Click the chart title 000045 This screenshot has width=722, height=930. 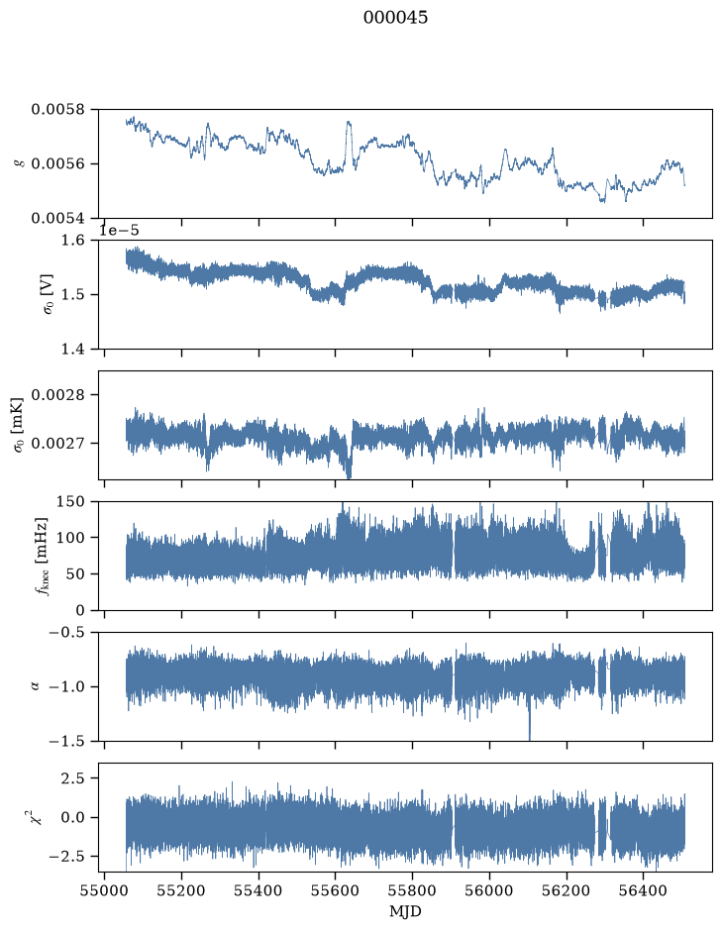tap(395, 18)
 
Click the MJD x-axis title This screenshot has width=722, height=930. tap(405, 911)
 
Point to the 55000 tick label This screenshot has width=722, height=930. tap(104, 890)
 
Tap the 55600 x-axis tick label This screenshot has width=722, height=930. tap(335, 890)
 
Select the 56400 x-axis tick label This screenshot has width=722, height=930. tap(644, 890)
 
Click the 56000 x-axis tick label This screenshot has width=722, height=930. tap(489, 890)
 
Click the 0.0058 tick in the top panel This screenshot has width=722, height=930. tap(58, 110)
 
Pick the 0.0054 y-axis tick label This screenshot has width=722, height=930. tap(58, 218)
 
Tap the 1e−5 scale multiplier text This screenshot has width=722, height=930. tap(119, 230)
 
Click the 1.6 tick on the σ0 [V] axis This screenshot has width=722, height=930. tap(73, 241)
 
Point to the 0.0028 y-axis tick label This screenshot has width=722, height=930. tap(58, 394)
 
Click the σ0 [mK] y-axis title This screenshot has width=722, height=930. tap(19, 425)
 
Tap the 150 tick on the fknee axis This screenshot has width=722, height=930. tap(70, 502)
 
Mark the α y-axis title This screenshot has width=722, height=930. tap(34, 686)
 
